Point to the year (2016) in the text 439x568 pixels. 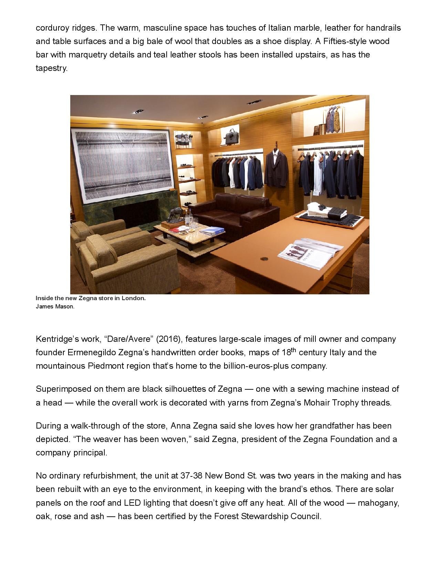169,339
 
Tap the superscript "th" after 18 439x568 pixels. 292,350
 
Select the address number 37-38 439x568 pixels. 191,476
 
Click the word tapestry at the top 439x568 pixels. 52,68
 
